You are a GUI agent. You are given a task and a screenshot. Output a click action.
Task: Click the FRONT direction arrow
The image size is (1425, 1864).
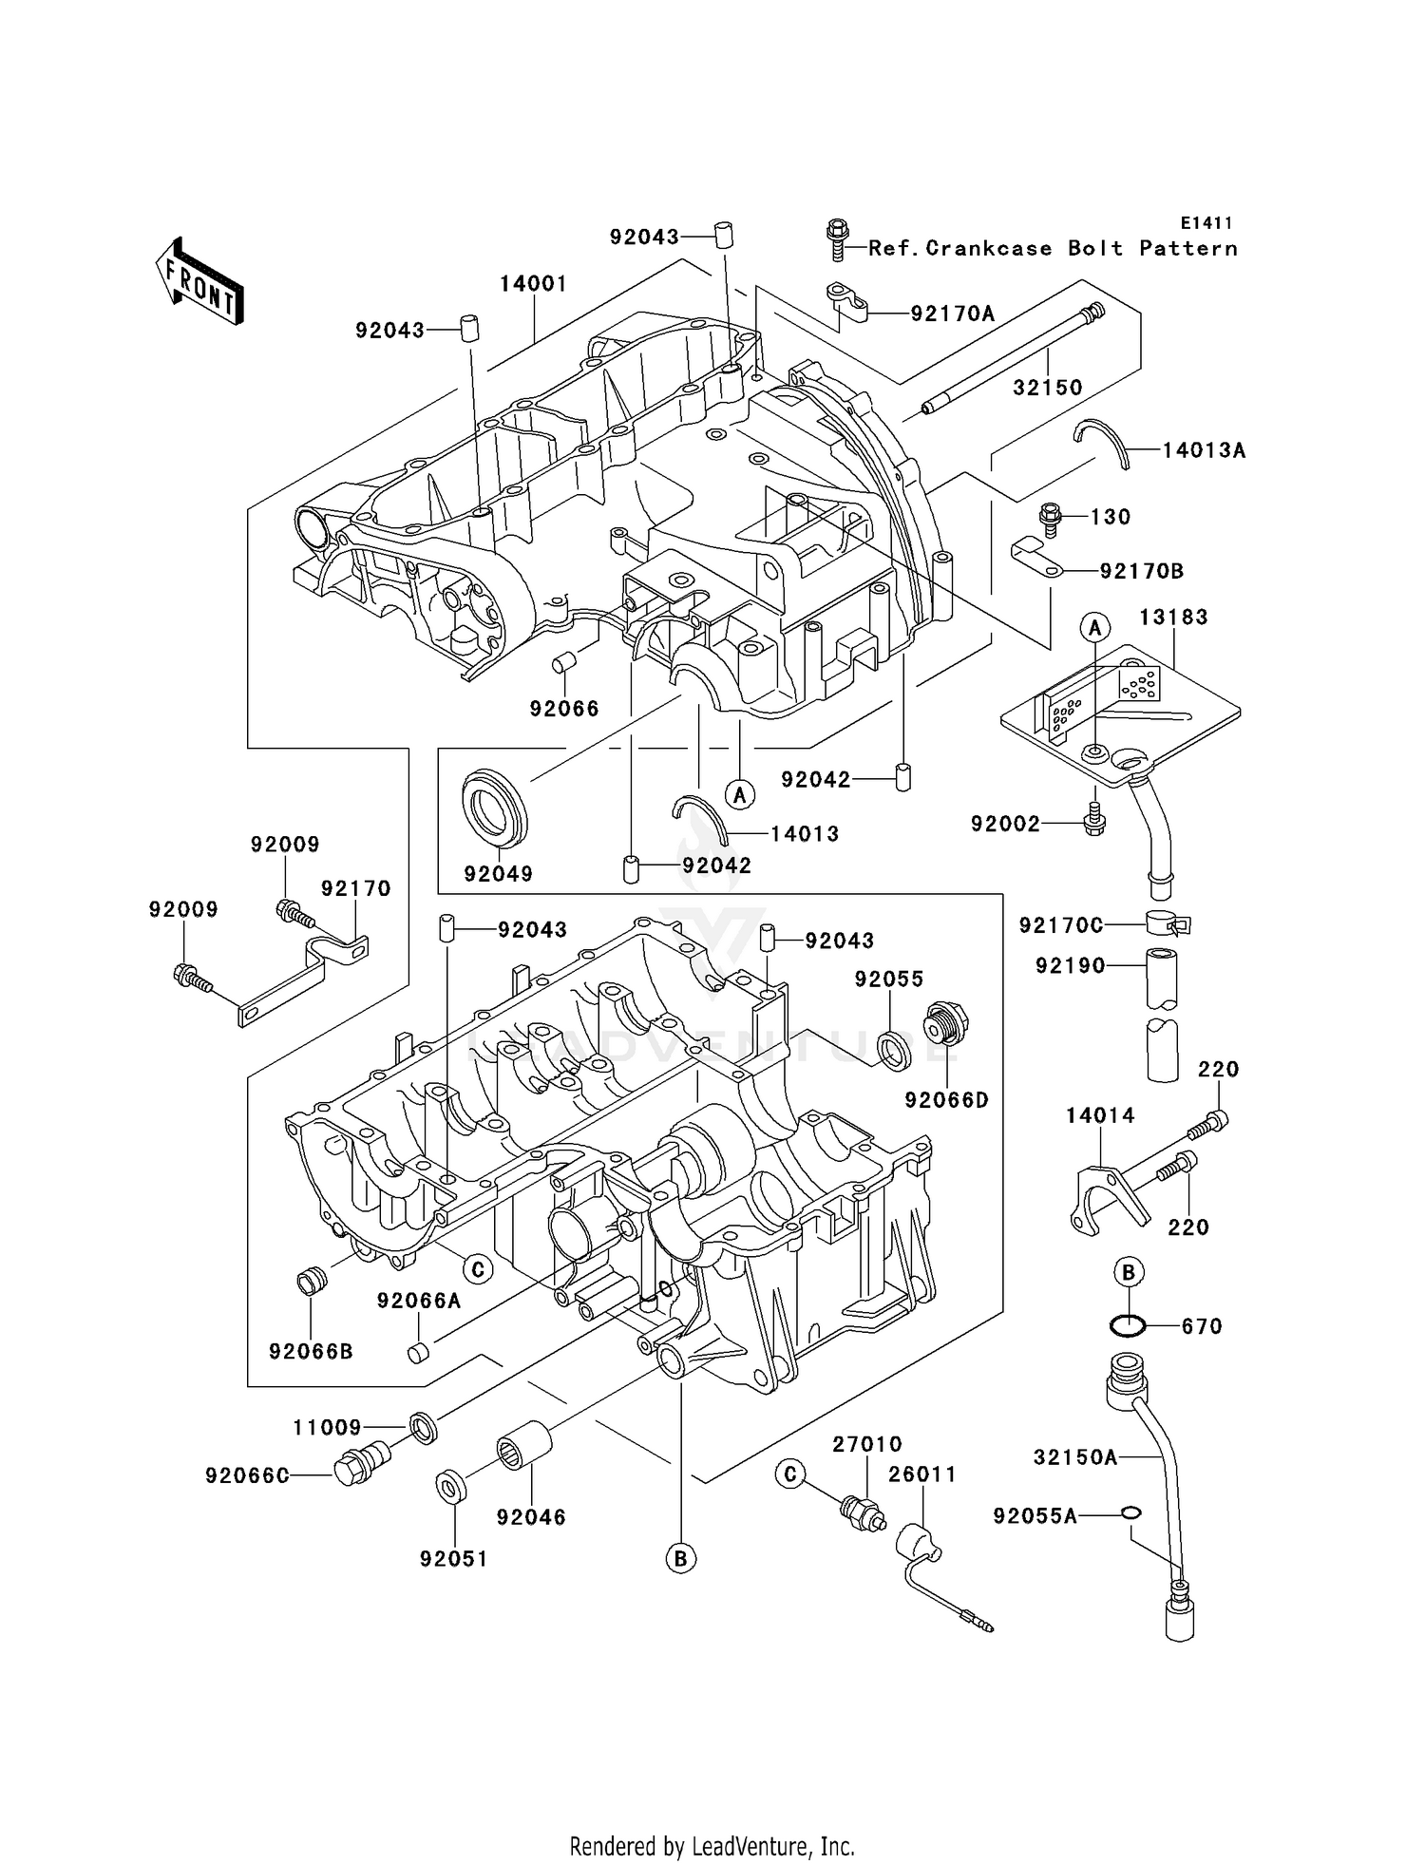[x=199, y=282]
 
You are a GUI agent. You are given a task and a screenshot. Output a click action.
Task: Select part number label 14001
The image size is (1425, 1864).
[x=534, y=283]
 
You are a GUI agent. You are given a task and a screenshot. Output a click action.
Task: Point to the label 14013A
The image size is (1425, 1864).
[x=1204, y=450]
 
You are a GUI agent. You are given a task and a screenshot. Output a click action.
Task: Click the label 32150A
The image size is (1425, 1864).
[x=1074, y=1456]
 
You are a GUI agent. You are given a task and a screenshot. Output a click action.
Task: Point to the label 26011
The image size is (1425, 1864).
[x=921, y=1474]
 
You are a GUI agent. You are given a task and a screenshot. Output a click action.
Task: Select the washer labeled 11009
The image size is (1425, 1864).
[x=425, y=1428]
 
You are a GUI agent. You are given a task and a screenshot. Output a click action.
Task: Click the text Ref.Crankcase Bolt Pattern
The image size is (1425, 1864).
[x=1053, y=249]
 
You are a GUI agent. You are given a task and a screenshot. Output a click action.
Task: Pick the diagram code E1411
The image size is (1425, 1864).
[x=1206, y=223]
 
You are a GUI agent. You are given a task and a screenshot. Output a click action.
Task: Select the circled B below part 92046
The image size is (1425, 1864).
[x=680, y=1558]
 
